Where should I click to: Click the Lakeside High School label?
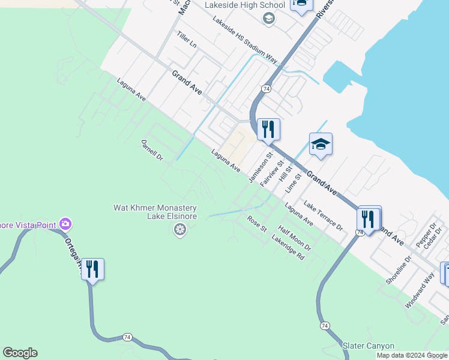(244, 5)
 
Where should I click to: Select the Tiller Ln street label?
(187, 40)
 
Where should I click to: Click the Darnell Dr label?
(152, 151)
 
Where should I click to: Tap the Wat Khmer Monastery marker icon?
(179, 229)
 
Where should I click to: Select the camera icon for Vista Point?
(65, 224)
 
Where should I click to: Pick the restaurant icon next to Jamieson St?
(268, 128)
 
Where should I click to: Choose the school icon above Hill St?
(321, 143)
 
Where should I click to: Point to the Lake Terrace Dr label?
(323, 216)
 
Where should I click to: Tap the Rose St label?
(257, 224)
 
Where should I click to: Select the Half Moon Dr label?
(295, 238)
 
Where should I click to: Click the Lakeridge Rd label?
(288, 247)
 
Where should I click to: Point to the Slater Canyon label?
(369, 346)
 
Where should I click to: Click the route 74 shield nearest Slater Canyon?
(325, 325)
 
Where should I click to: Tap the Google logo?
(20, 353)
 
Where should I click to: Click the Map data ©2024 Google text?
(412, 355)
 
